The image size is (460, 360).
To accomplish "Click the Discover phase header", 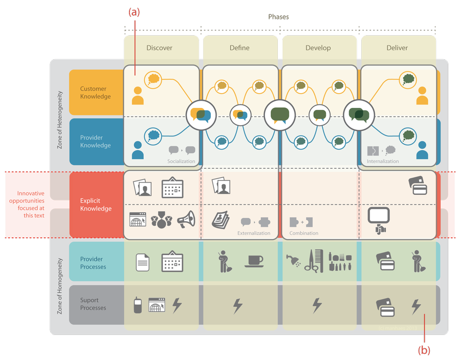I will (x=159, y=48).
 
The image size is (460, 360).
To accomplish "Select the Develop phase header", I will (x=318, y=48).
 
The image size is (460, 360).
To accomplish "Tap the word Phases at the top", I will (x=278, y=17).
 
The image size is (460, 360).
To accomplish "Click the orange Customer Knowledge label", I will (x=95, y=93).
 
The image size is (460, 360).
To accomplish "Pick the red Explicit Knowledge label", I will (x=96, y=205).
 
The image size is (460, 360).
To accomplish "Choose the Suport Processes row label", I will (x=93, y=304).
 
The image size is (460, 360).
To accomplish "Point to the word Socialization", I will (x=181, y=161).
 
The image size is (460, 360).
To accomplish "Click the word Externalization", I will (x=254, y=233).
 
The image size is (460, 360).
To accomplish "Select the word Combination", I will (x=304, y=233).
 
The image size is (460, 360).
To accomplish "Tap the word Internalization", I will (x=383, y=161).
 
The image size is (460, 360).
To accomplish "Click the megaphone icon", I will (x=186, y=219).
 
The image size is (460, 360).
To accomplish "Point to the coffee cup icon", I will (x=254, y=261).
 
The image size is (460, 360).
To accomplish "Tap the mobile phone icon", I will (x=138, y=305).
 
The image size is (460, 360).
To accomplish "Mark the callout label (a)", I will (x=134, y=12).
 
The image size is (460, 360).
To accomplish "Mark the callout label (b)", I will (x=424, y=350).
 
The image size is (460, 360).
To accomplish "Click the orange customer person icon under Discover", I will (x=138, y=96).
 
